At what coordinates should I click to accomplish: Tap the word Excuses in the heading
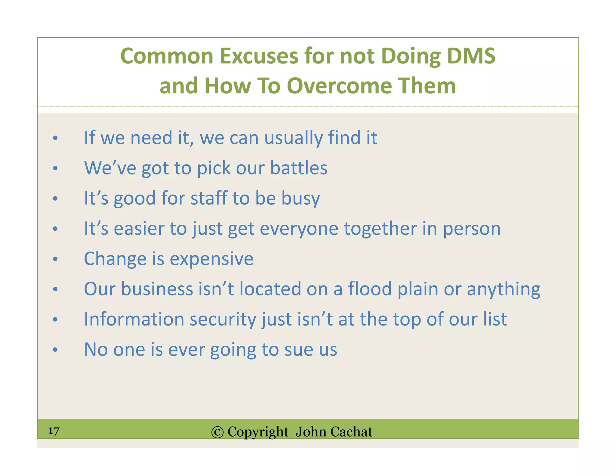point(259,56)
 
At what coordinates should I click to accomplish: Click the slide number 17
point(54,431)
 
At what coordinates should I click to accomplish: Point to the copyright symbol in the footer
point(217,432)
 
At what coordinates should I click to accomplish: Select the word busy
point(300,199)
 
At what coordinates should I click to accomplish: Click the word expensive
point(211,259)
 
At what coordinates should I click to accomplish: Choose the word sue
point(298,350)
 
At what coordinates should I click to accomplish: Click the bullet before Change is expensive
point(55,259)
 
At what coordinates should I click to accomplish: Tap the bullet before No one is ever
point(55,350)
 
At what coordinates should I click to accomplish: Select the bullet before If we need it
point(55,138)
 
